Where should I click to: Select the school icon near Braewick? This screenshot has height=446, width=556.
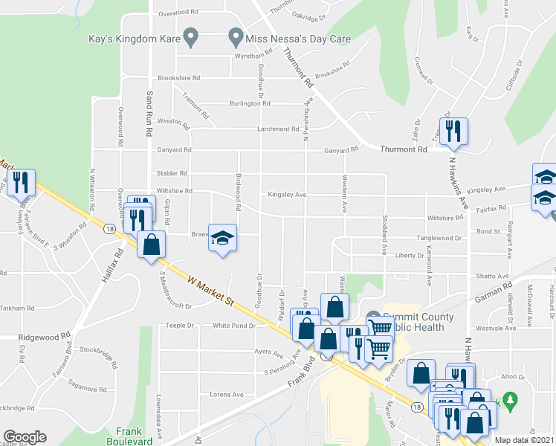point(222,238)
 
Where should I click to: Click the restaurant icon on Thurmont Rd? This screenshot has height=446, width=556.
point(453,132)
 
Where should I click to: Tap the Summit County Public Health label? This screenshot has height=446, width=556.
point(413,322)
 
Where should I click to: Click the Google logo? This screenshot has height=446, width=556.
point(25,437)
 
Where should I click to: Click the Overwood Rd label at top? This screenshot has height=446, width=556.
point(178,13)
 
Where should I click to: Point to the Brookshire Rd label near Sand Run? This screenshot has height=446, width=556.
point(178,78)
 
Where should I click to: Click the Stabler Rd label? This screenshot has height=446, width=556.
point(172,173)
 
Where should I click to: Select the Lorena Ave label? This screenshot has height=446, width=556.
point(227,395)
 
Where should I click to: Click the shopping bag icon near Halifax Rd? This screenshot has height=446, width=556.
point(151,245)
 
